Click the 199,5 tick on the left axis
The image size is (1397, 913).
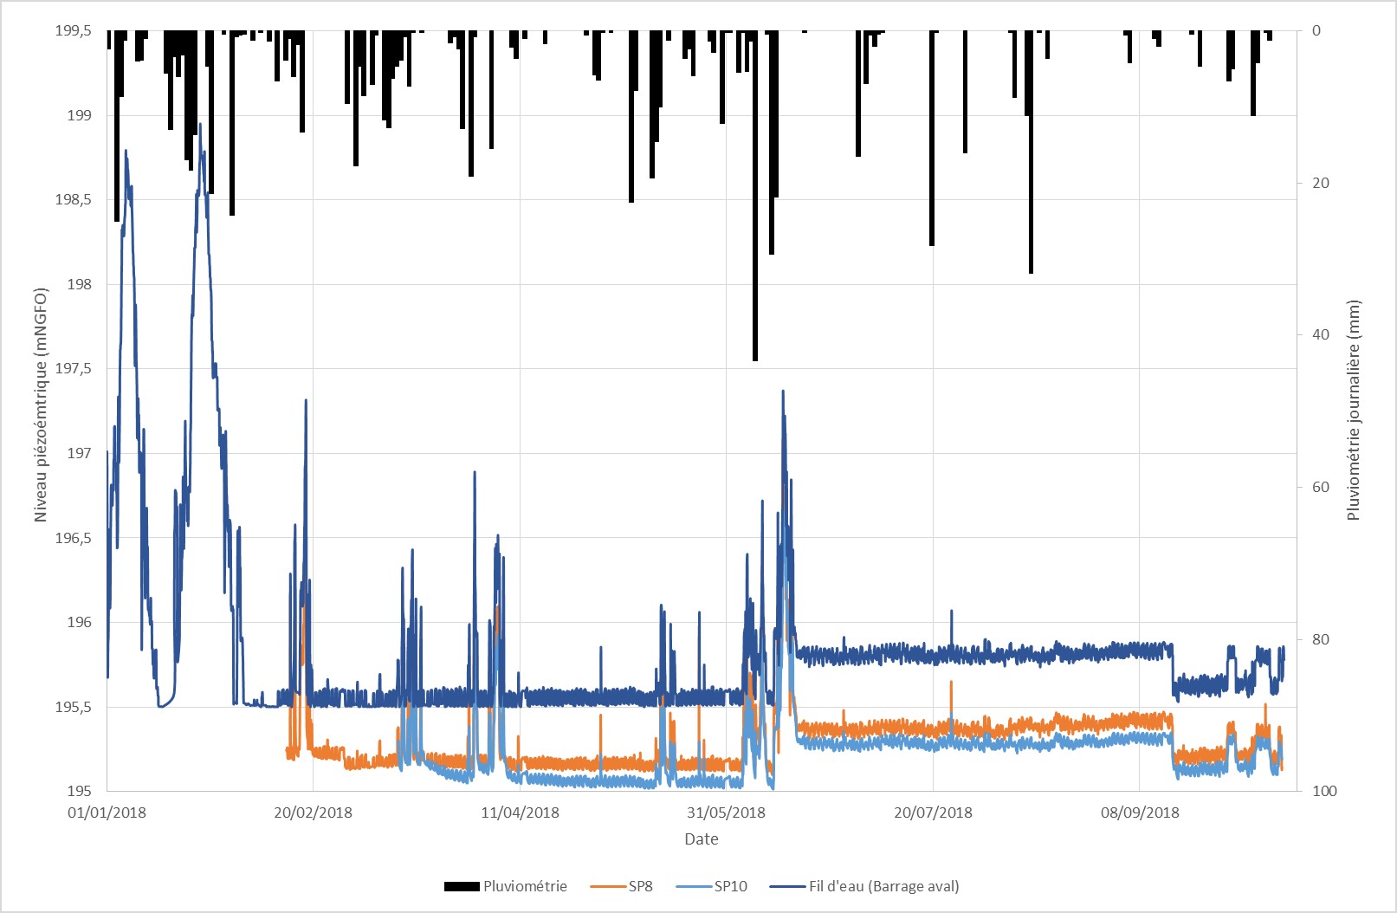click(73, 31)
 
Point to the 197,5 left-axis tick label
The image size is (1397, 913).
click(73, 369)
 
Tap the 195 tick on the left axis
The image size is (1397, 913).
click(79, 791)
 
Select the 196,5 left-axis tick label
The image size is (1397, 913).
click(73, 538)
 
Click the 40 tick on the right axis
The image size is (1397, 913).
click(1321, 334)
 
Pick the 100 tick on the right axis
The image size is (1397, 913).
click(1324, 791)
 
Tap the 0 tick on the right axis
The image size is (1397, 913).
click(1316, 31)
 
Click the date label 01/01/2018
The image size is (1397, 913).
click(107, 813)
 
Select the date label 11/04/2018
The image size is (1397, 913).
click(520, 813)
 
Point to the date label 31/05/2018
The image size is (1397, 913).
click(726, 813)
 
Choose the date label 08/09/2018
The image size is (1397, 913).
click(1140, 813)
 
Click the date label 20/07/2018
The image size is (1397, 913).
click(933, 813)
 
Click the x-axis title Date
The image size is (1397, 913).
click(701, 839)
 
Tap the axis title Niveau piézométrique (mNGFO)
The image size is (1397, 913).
click(41, 405)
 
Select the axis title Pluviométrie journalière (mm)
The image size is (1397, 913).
click(1354, 410)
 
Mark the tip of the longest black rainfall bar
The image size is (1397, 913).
click(755, 359)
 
